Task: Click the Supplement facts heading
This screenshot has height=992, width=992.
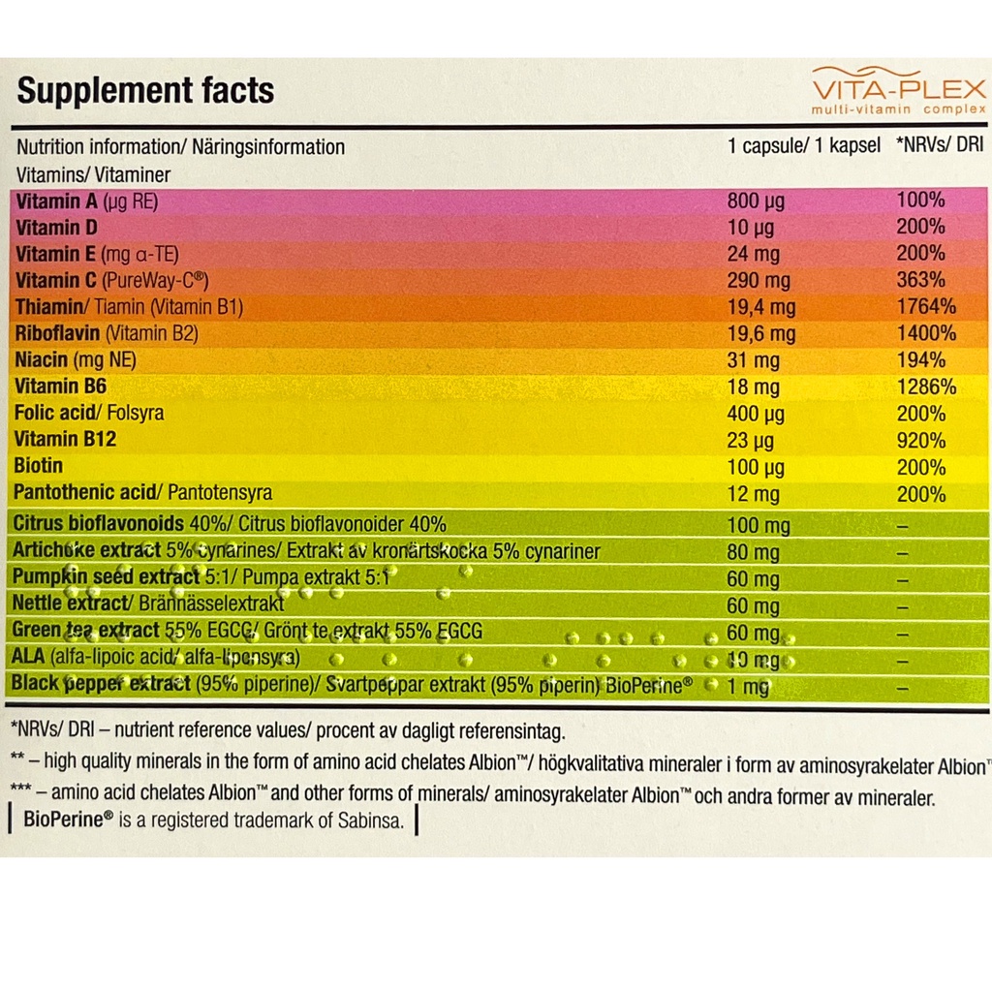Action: (145, 91)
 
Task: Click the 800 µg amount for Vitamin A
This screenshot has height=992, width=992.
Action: (756, 201)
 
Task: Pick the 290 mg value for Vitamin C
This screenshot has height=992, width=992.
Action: (759, 281)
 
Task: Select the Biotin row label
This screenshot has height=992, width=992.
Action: (39, 466)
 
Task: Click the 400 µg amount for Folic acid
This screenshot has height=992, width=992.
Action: (756, 414)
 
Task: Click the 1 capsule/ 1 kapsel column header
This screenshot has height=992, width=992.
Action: (803, 146)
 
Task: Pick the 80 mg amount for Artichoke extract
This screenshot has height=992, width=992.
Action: (753, 553)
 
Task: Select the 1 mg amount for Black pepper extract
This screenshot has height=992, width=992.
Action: (748, 687)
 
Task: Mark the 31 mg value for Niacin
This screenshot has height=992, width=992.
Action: (753, 360)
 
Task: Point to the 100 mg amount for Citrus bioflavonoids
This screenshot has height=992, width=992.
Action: (759, 526)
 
